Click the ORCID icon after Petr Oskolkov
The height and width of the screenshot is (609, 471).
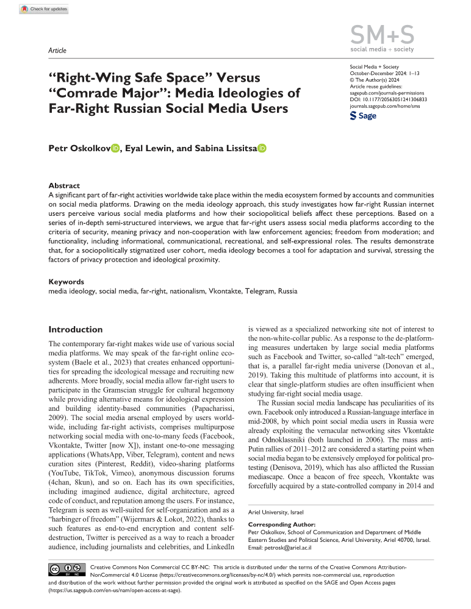tap(115, 148)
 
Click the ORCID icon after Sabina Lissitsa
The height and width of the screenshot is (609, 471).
tap(262, 148)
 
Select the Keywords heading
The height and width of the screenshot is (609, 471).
tap(67, 282)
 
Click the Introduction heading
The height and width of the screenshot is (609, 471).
tap(75, 329)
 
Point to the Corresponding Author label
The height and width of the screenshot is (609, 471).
tap(284, 524)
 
